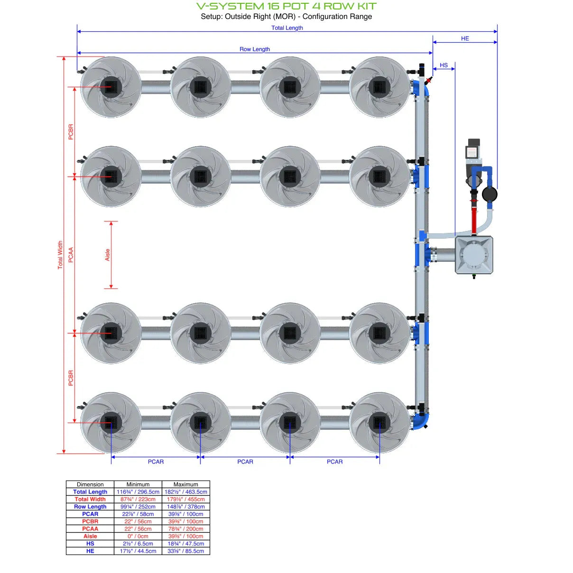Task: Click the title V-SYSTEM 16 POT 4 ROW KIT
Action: pos(286,7)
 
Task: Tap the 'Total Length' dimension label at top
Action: pos(287,28)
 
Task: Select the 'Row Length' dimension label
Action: pos(254,49)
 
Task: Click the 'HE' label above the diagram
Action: pos(465,38)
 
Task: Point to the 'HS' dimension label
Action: pos(444,65)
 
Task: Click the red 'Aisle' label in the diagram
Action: pos(108,255)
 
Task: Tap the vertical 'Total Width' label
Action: pos(60,255)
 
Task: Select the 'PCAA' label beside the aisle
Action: pos(71,255)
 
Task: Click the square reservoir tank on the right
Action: pos(474,255)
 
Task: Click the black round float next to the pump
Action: pos(490,194)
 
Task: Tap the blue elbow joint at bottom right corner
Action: pos(420,421)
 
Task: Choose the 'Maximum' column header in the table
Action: pos(185,484)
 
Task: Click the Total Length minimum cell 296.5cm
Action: pos(138,492)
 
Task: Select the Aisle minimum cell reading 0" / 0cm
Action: pos(138,536)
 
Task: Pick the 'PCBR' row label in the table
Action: pos(90,521)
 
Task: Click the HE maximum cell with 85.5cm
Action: pos(185,551)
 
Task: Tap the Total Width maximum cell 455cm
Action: pos(185,499)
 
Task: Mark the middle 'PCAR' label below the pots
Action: pos(245,462)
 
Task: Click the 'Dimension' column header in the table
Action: pos(90,484)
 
